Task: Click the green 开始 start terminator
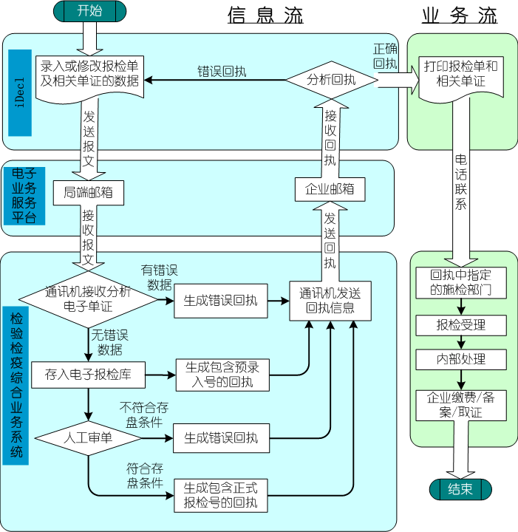point(89,11)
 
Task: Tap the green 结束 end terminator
point(460,489)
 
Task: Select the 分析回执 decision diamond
point(331,79)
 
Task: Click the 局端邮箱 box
point(88,193)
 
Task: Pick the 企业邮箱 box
point(330,189)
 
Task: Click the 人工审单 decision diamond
point(88,437)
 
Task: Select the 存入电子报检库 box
point(94,374)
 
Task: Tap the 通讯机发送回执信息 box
point(330,300)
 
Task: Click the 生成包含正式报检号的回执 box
point(220,495)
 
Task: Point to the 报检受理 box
point(460,325)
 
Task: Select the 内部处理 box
point(460,360)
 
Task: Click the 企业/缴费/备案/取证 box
point(460,404)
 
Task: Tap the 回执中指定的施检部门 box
point(460,282)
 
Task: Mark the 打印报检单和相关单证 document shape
point(460,74)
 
